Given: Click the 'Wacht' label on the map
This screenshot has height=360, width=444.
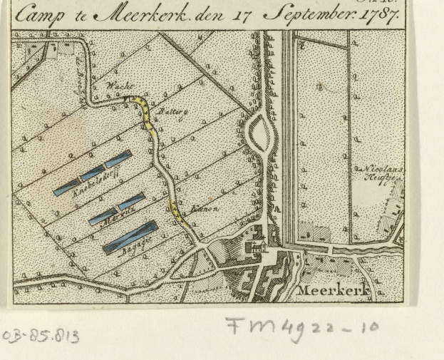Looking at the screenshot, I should [x=115, y=87].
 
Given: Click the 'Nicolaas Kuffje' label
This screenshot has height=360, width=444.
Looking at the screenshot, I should [x=371, y=175].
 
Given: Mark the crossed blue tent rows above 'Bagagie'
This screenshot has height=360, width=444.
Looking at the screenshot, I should [x=130, y=235].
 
